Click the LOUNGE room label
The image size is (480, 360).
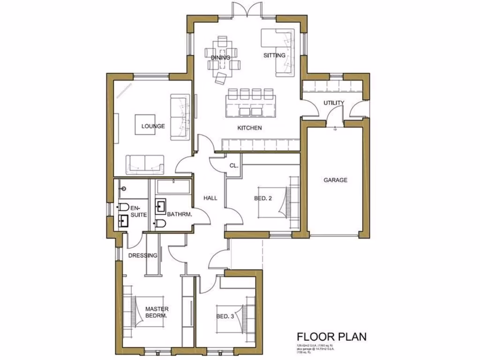(153, 126)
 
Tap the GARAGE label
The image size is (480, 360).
(336, 180)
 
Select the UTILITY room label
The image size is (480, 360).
(334, 103)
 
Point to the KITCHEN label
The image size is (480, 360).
(249, 128)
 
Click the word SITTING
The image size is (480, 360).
(274, 55)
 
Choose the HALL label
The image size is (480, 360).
(210, 198)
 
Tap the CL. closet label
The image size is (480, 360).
(233, 165)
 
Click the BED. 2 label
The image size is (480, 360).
(263, 198)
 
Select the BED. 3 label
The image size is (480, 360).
(225, 316)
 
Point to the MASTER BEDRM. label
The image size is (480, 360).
(157, 312)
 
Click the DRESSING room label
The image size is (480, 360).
(142, 255)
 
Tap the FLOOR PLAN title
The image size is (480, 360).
(331, 337)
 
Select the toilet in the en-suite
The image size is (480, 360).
(123, 207)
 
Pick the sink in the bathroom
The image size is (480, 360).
(161, 205)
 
